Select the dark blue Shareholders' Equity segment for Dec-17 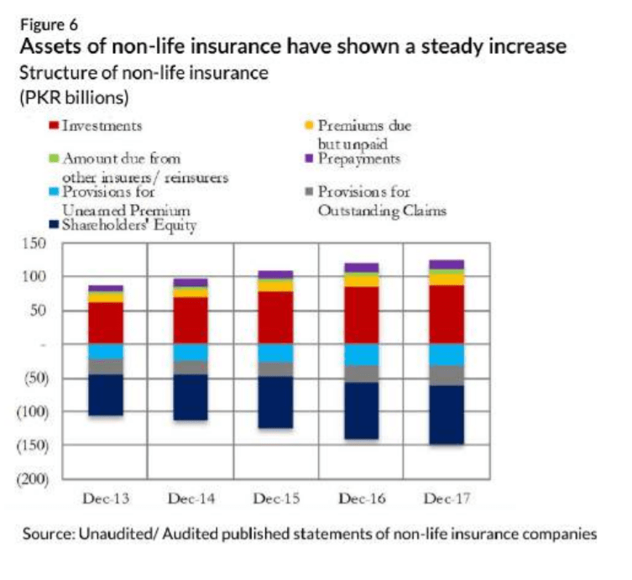(x=447, y=415)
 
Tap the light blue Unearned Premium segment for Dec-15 (x=275, y=353)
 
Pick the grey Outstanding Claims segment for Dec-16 (x=361, y=374)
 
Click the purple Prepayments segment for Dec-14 (x=191, y=282)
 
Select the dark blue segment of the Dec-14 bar (x=191, y=397)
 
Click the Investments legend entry (x=101, y=126)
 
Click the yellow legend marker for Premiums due (x=309, y=126)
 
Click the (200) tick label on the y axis (x=40, y=479)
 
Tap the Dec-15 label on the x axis (x=275, y=499)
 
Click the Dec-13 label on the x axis (x=106, y=499)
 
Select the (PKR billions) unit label (x=74, y=97)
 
